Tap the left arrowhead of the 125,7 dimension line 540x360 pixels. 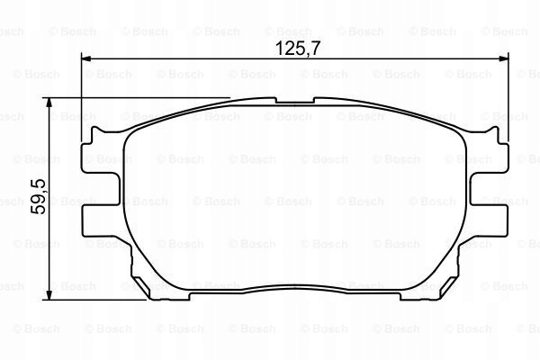pos(87,59)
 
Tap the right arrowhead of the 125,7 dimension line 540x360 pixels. pos(504,59)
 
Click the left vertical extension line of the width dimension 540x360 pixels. pos(82,99)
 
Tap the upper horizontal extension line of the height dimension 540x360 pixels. pos(135,98)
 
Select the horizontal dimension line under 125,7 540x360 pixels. pos(225,59)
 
